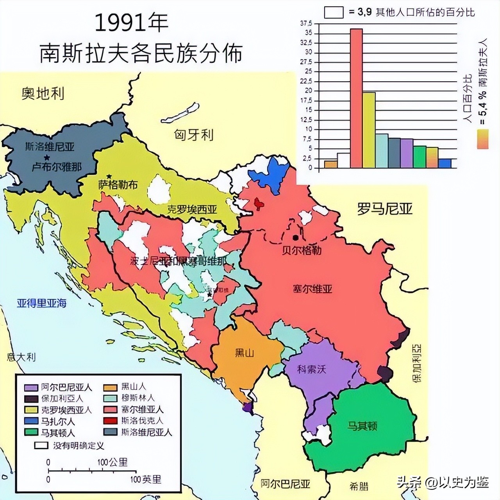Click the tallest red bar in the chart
[x=356, y=98]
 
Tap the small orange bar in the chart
[x=330, y=164]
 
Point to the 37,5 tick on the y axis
[x=306, y=23]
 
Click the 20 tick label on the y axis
[x=309, y=91]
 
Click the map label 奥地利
[x=43, y=93]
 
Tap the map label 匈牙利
[x=194, y=135]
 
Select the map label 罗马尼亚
[x=385, y=209]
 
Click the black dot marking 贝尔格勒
[x=296, y=237]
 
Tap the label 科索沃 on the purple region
[x=311, y=369]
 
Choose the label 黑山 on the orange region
[x=245, y=353]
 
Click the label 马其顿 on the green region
[x=362, y=425]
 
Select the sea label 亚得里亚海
[x=41, y=303]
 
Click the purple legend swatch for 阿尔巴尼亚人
[x=31, y=387]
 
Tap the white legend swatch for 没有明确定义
[x=41, y=445]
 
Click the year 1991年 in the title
[x=131, y=24]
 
